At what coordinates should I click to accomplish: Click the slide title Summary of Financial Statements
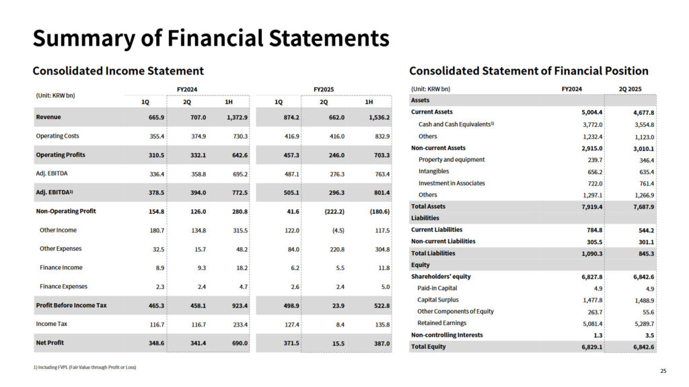point(211,38)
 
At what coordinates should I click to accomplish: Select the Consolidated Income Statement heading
point(118,71)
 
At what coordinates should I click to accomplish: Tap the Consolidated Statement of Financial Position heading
point(528,71)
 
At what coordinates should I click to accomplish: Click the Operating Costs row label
point(57,136)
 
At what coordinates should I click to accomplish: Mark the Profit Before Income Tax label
point(71,305)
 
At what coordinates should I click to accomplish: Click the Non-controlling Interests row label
point(447,335)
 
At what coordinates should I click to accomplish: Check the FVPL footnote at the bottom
point(84,368)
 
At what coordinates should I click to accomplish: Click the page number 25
point(663,371)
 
